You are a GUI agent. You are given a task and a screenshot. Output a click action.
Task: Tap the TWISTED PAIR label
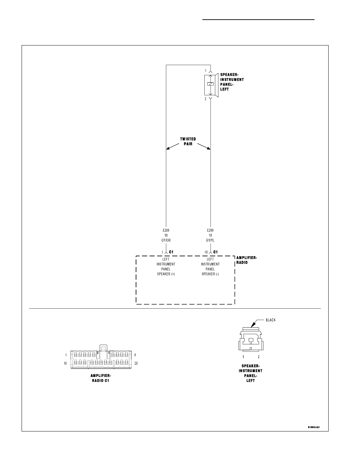(188, 142)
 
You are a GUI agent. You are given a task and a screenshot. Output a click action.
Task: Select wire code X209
(166, 230)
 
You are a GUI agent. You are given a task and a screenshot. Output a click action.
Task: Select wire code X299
(210, 230)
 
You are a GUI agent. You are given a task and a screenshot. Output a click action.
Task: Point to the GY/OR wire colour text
(166, 240)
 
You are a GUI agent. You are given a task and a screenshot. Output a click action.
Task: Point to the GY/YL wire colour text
(210, 240)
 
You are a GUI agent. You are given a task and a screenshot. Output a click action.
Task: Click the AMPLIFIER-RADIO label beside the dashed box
(247, 260)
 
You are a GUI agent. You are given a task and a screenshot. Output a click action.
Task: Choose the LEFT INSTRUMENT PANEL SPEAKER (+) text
(166, 267)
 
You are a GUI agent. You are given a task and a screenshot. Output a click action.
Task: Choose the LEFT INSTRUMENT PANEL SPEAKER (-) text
(210, 267)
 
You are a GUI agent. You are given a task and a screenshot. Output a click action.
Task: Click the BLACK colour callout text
(271, 320)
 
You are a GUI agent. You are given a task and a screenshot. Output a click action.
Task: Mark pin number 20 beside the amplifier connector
(136, 363)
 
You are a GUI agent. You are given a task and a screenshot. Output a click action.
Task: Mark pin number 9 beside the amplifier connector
(135, 355)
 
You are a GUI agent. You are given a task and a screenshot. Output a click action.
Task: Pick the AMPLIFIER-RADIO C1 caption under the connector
(101, 378)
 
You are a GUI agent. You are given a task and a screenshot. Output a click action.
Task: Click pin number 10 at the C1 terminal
(206, 252)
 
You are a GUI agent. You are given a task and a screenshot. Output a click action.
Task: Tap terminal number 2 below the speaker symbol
(205, 99)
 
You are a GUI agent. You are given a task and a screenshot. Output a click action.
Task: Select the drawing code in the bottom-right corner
(314, 428)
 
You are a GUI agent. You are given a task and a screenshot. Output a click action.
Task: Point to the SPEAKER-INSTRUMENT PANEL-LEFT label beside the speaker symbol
(232, 82)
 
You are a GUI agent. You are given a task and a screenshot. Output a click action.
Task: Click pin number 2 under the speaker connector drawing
(258, 357)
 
